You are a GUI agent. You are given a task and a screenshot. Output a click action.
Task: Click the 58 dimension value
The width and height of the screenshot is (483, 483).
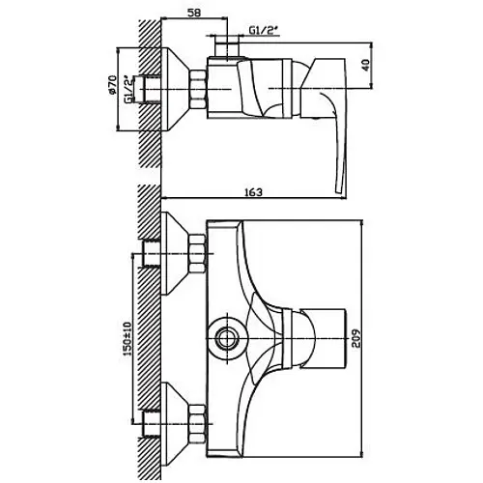pos(193,13)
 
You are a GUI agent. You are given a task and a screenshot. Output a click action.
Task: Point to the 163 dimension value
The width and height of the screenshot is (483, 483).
pos(253,192)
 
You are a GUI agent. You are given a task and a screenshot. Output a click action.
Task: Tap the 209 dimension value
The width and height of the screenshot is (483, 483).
pos(356,338)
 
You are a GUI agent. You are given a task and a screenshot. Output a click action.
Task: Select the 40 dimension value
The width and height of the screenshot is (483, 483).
pos(366,65)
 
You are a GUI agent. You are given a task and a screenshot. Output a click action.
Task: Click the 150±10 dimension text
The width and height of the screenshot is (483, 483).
pos(128,339)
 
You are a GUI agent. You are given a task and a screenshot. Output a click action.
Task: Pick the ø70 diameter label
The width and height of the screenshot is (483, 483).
pos(112,84)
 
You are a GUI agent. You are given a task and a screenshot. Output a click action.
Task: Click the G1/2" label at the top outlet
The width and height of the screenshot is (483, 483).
pos(263,30)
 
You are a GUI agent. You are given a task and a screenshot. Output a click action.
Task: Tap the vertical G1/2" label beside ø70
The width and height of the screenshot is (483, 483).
pos(128,89)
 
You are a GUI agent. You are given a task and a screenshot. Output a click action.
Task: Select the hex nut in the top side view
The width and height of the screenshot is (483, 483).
pos(198,89)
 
